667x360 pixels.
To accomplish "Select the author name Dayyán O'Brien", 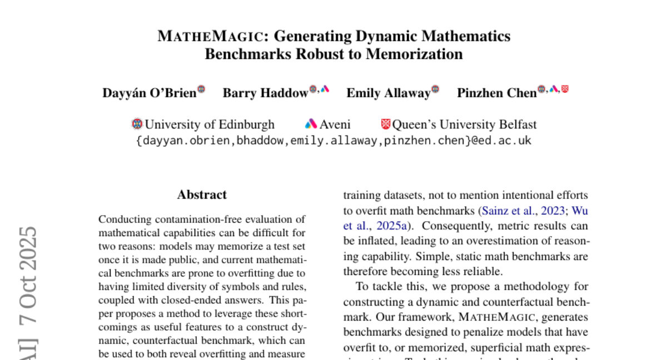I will click(149, 93).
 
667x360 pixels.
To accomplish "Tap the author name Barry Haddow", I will click(265, 93).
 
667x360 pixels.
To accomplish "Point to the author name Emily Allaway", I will click(388, 93).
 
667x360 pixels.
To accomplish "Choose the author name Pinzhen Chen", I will click(496, 93).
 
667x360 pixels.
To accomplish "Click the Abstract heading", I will click(202, 195).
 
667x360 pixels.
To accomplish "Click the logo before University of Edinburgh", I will click(137, 124).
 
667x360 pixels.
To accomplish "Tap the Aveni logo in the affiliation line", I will click(311, 124).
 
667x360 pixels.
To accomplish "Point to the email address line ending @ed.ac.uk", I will click(333, 141).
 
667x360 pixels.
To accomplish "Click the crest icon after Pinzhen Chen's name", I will click(565, 89).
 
